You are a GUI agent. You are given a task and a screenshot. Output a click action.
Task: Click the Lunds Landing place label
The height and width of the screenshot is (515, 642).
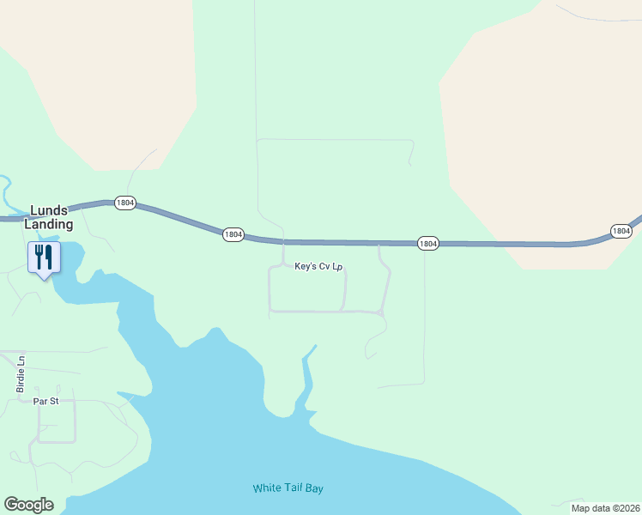pyautogui.click(x=51, y=217)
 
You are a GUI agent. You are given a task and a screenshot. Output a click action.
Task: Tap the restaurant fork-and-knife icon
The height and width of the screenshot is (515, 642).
pyautogui.click(x=42, y=257)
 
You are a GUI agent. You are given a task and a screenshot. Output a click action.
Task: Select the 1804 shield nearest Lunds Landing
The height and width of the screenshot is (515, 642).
pyautogui.click(x=124, y=203)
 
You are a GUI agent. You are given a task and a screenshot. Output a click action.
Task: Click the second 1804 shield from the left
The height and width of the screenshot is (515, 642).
pyautogui.click(x=233, y=234)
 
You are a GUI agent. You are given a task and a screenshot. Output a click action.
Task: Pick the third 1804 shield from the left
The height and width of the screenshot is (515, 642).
pyautogui.click(x=428, y=244)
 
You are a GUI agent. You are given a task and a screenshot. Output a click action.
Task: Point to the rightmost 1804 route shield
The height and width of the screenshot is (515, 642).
pyautogui.click(x=621, y=231)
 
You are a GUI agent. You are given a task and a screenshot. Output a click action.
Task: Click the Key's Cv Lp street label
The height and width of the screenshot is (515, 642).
pyautogui.click(x=318, y=267)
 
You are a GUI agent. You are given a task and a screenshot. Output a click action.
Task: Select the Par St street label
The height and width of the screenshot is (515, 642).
pyautogui.click(x=45, y=401)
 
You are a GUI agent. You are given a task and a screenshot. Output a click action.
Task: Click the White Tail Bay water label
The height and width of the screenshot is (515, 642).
pyautogui.click(x=288, y=488)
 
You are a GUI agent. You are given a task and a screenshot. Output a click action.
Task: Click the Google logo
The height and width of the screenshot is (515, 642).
pyautogui.click(x=28, y=505)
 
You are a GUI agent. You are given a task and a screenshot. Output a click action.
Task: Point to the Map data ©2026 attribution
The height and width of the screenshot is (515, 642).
pyautogui.click(x=605, y=508)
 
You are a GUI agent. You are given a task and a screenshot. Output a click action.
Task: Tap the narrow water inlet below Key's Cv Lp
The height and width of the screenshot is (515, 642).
pyautogui.click(x=305, y=373)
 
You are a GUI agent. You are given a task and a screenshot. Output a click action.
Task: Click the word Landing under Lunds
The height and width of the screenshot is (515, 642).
pyautogui.click(x=51, y=224)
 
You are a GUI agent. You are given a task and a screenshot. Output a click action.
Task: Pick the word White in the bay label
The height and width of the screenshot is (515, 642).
pyautogui.click(x=266, y=488)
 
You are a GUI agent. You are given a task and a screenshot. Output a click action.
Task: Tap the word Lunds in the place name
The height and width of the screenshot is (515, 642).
pyautogui.click(x=49, y=210)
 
